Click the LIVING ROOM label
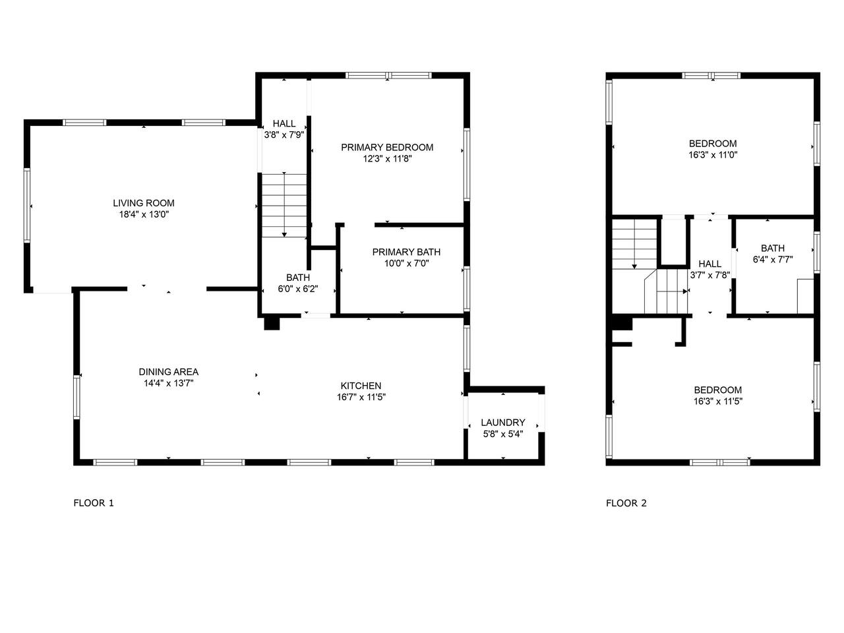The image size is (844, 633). [x=144, y=203]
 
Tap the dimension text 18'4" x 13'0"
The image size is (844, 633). [x=144, y=214]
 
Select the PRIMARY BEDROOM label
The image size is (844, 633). [x=387, y=147]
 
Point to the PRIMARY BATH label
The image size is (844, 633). [x=406, y=252]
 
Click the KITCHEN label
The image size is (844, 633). [x=361, y=386]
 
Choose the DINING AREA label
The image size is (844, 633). [x=168, y=372]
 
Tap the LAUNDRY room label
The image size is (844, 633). [x=502, y=423]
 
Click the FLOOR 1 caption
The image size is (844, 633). [x=94, y=502]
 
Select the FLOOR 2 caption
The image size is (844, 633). [x=626, y=502]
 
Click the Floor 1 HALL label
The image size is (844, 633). [x=284, y=123]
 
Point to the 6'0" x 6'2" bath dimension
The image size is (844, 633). [x=297, y=289]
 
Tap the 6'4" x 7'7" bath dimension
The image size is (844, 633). [x=773, y=259]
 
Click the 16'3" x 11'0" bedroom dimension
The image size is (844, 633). [x=713, y=155]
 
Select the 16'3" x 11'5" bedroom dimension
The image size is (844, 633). [x=717, y=402]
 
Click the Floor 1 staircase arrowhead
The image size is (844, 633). [x=284, y=235]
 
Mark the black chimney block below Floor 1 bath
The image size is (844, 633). [x=272, y=324]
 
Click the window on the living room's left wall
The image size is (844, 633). [x=27, y=205]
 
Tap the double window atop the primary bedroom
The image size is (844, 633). [x=388, y=75]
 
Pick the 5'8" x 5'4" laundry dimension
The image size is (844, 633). [x=503, y=434]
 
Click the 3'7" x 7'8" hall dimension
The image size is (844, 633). [x=709, y=275]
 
